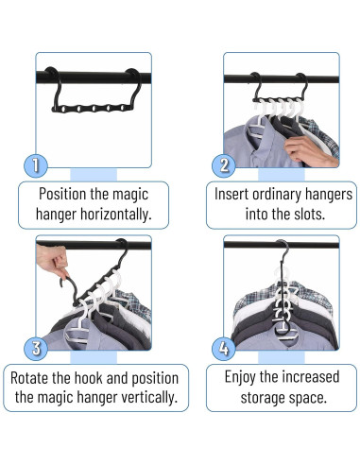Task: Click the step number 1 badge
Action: pyautogui.click(x=36, y=165)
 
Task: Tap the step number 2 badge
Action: pyautogui.click(x=224, y=165)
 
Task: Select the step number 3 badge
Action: pyautogui.click(x=36, y=349)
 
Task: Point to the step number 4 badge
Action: pyautogui.click(x=224, y=349)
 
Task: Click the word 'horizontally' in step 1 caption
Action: pyautogui.click(x=115, y=215)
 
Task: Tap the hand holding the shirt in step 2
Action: pyautogui.click(x=309, y=150)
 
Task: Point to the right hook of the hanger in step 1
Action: pyautogui.click(x=136, y=87)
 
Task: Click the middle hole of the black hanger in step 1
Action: pyautogui.click(x=94, y=109)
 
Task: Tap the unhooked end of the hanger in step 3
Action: pyautogui.click(x=61, y=283)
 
